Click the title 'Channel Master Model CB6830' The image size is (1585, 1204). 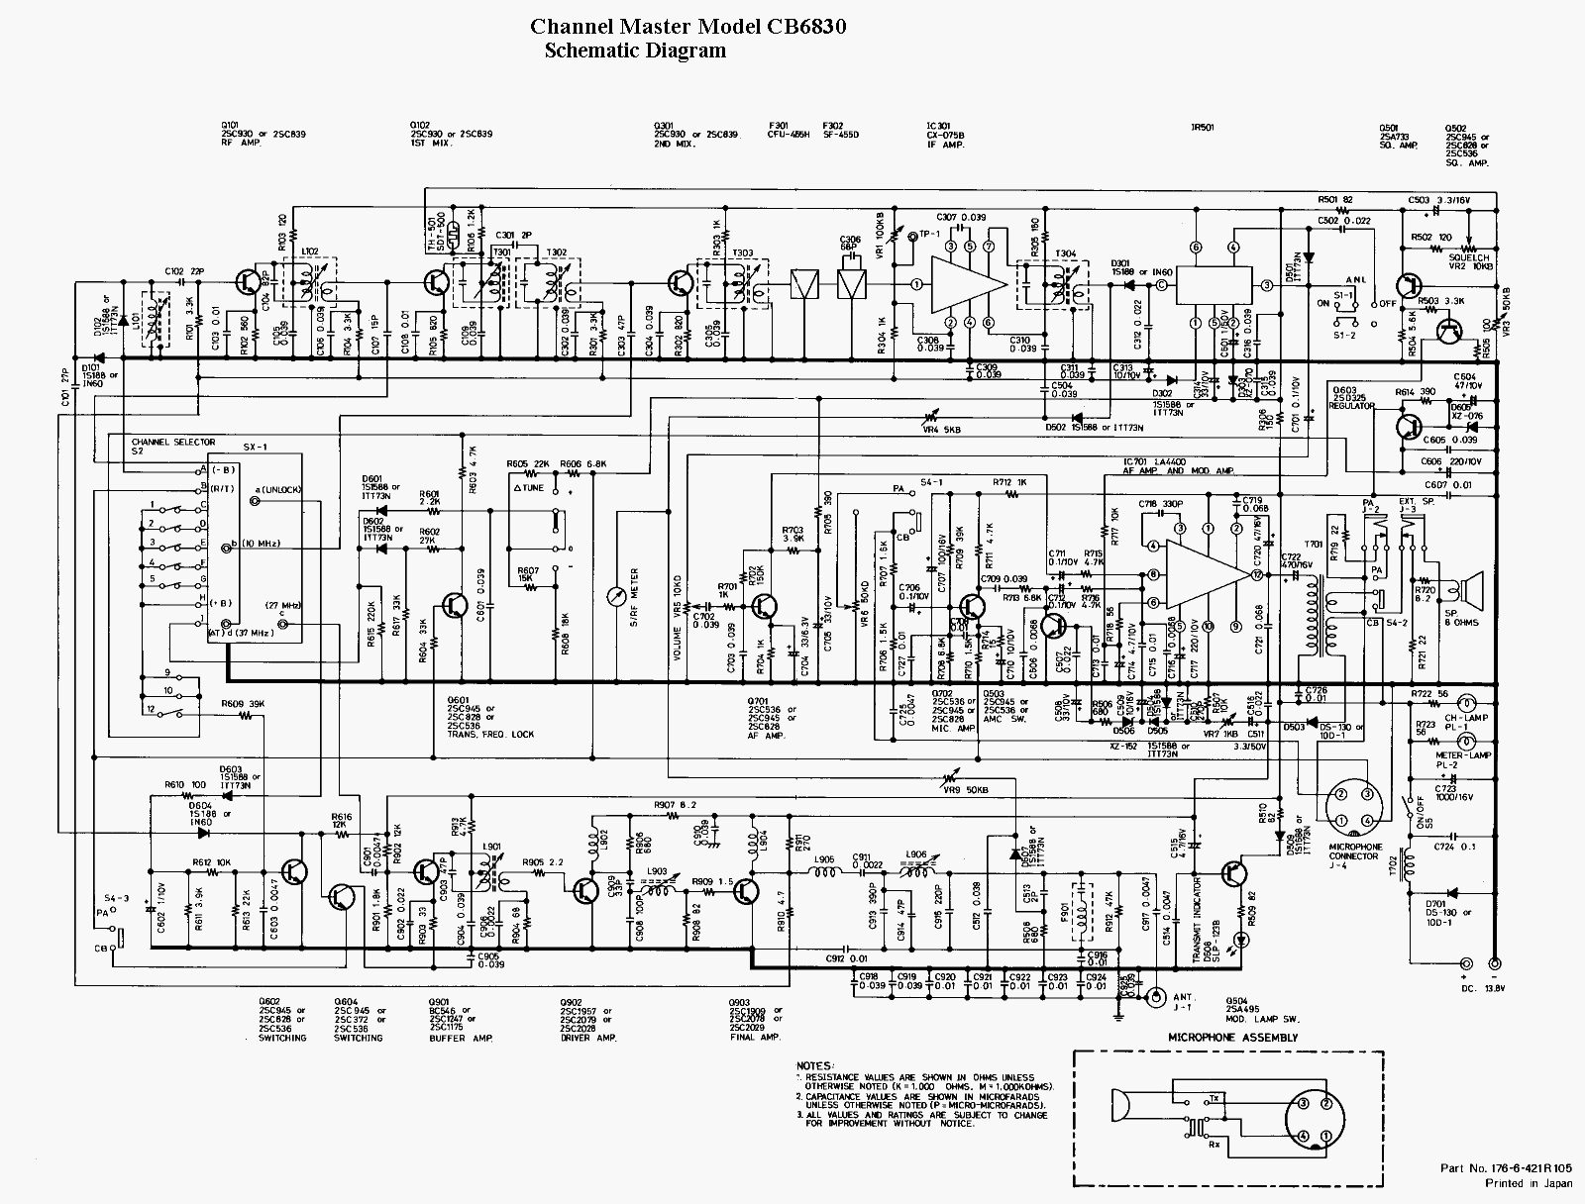click(x=687, y=27)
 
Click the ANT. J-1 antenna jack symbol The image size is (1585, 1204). click(x=1155, y=998)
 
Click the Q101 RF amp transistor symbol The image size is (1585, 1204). click(x=247, y=282)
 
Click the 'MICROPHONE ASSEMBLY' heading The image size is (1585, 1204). click(x=1232, y=1037)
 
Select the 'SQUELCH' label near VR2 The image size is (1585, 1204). click(x=1468, y=257)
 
